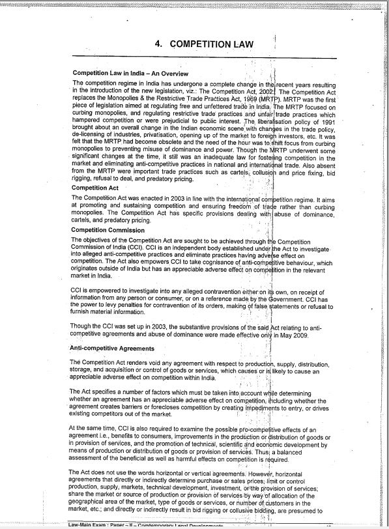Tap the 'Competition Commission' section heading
[x=108, y=230]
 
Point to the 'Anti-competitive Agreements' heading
[x=113, y=348]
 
